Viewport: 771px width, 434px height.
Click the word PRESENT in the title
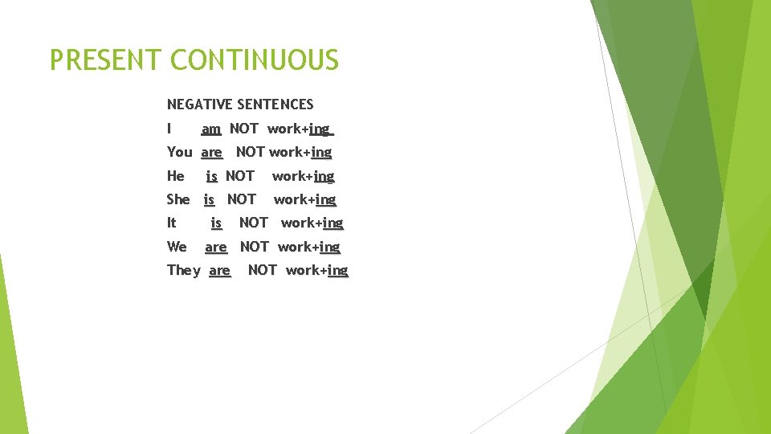pos(106,60)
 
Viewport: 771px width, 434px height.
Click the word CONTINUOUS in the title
pos(255,60)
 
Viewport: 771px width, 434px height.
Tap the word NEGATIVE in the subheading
pos(200,104)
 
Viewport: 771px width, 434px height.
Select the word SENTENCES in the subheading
pos(275,104)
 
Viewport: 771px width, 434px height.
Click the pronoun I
pos(169,129)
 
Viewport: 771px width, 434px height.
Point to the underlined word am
pos(211,129)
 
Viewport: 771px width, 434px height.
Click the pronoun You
pos(180,152)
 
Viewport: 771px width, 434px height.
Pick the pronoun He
pos(176,176)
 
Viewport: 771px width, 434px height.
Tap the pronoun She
pos(178,199)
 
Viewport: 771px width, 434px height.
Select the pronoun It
pos(171,223)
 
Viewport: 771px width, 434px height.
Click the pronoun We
pos(177,247)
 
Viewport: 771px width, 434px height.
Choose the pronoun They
pos(184,270)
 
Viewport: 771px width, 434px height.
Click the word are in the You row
pos(212,152)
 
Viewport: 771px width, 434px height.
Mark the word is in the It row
pos(216,223)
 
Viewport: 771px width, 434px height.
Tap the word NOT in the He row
pos(240,176)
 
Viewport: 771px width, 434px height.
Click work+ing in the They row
pos(317,270)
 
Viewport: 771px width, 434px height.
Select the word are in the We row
pos(216,247)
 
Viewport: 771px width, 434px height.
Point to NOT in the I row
pos(244,129)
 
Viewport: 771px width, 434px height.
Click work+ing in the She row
pos(305,199)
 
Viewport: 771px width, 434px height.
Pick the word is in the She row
pos(209,199)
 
